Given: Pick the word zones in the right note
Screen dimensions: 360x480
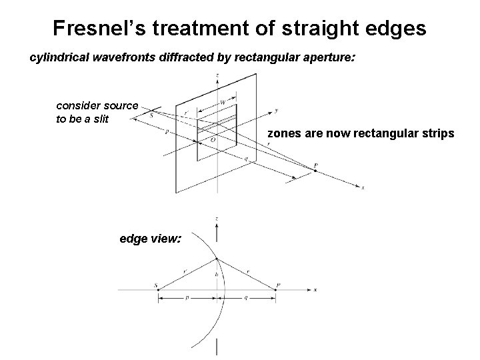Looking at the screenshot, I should (283, 134).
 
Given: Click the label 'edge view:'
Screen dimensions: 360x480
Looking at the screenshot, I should (150, 237).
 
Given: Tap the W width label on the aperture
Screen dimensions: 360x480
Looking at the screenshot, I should (223, 103).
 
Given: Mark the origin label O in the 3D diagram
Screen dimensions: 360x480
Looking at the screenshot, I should (213, 140).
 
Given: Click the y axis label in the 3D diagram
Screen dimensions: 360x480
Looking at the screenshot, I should (277, 110).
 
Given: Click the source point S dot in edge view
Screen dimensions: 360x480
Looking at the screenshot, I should (158, 289).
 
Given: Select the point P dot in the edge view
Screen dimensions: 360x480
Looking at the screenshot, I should (277, 289).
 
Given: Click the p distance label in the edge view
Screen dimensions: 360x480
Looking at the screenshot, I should (188, 301).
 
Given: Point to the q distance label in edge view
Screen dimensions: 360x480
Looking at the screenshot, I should (249, 301).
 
